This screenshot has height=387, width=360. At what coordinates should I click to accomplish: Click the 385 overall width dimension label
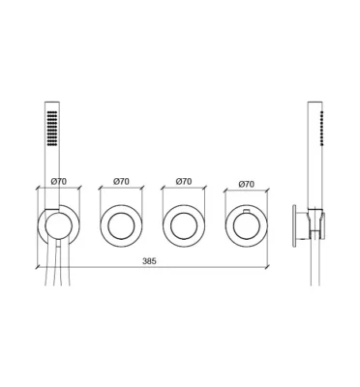pyautogui.click(x=149, y=261)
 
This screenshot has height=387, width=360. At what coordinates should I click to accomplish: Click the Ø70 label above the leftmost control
pyautogui.click(x=59, y=182)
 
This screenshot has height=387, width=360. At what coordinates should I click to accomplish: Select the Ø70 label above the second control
pyautogui.click(x=121, y=182)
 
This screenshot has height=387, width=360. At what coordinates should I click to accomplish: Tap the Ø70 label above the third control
pyautogui.click(x=184, y=182)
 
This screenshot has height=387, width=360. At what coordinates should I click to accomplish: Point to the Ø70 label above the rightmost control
pyautogui.click(x=247, y=184)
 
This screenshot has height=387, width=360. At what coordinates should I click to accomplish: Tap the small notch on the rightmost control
pyautogui.click(x=247, y=211)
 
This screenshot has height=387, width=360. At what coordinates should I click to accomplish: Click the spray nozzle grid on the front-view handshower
pyautogui.click(x=52, y=129)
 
